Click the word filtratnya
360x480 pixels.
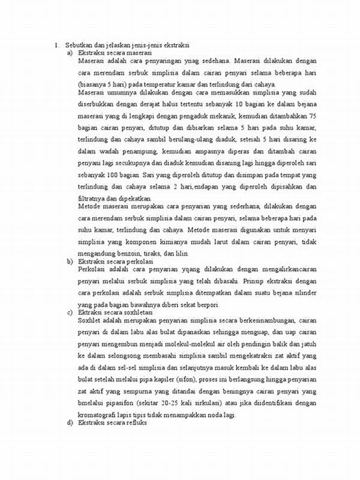[94, 197]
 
